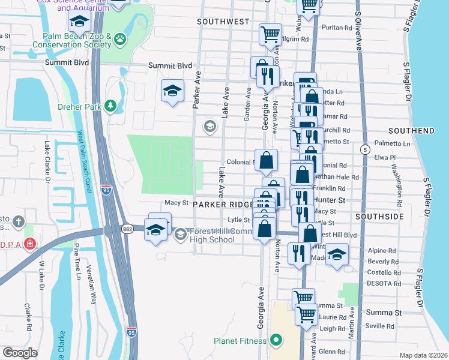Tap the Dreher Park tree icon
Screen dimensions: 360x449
[x=110, y=106]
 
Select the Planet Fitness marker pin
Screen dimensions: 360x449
[x=276, y=341]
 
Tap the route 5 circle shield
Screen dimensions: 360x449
[x=364, y=148]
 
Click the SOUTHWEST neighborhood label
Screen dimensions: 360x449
[x=223, y=22]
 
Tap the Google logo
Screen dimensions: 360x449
[x=20, y=353]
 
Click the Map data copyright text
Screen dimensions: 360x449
[x=424, y=355]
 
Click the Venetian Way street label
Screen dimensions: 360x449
[x=91, y=285]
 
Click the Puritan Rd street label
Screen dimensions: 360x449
[x=336, y=28]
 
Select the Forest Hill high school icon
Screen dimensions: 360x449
[x=180, y=235]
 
